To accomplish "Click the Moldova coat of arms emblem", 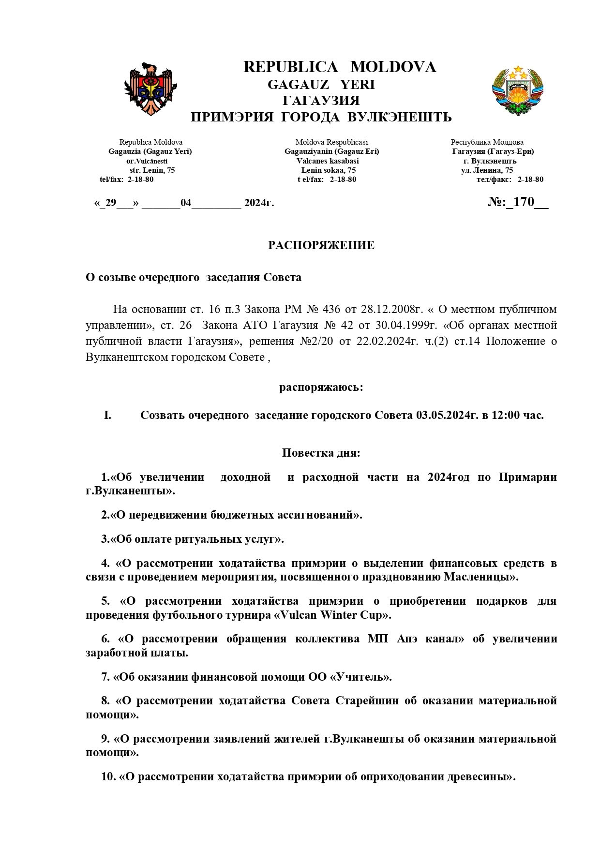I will tap(150, 89).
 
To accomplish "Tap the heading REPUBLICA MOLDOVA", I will tap(340, 67).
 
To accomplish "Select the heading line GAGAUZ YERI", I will tap(321, 85).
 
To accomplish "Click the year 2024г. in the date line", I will tap(259, 203).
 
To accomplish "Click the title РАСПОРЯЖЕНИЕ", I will tap(321, 245).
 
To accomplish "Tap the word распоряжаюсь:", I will tap(321, 387).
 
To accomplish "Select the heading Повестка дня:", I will tap(321, 453).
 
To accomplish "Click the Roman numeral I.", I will tap(107, 415).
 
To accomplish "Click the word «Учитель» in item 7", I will tap(360, 677).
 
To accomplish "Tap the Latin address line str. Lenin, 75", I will tap(152, 170).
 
